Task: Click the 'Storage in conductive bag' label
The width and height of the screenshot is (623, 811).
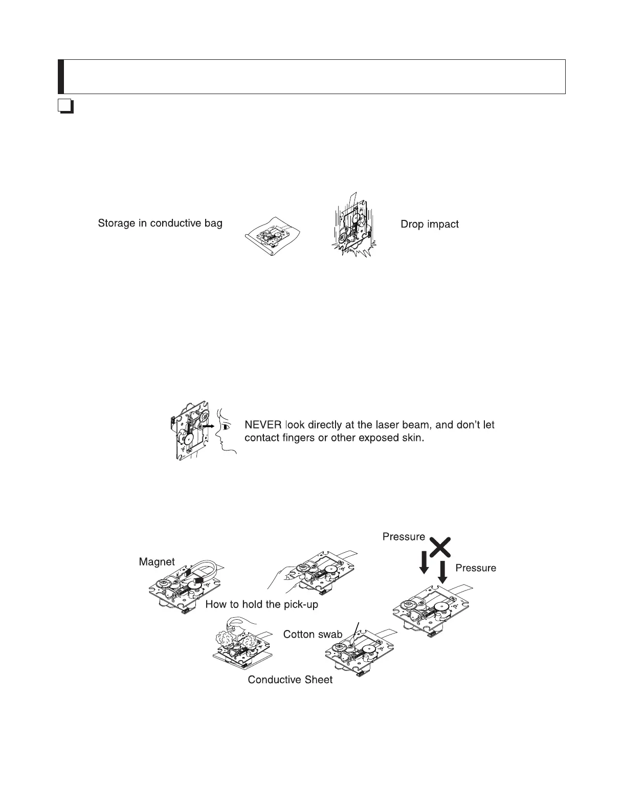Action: point(160,223)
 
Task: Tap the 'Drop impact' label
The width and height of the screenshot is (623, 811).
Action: point(430,224)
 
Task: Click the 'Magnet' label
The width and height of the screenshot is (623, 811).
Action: point(157,562)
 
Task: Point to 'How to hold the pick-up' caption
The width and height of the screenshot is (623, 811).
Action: point(261,604)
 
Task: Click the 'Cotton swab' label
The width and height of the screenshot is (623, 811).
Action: point(313,634)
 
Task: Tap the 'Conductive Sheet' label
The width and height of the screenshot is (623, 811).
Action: point(290,680)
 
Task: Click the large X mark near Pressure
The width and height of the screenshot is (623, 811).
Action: point(440,547)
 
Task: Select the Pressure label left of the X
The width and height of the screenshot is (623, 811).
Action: point(404,536)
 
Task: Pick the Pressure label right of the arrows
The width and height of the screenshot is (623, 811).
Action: point(476,568)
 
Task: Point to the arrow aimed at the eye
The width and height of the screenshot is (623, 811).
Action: point(208,425)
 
